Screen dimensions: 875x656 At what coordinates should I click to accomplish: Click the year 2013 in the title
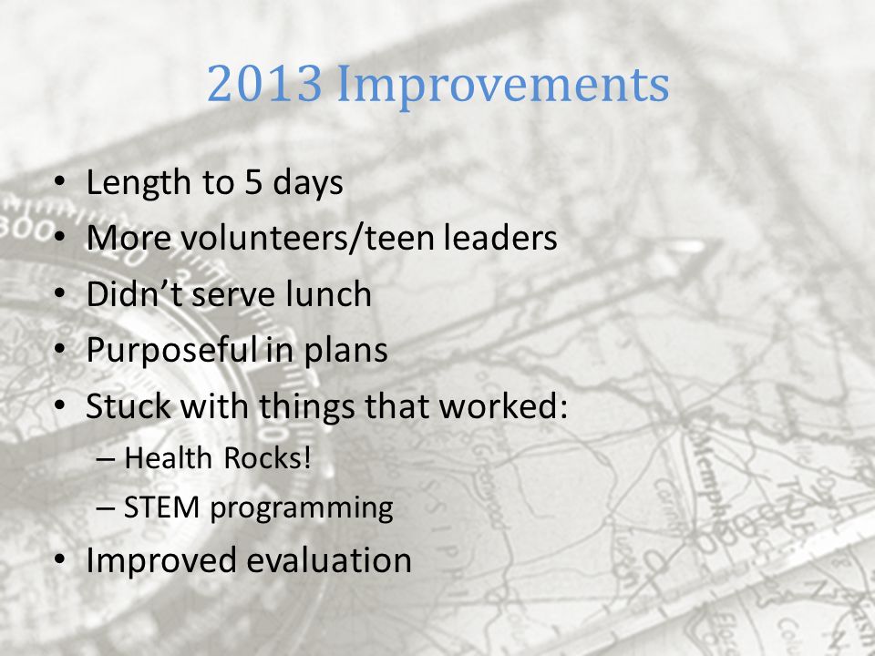tap(265, 83)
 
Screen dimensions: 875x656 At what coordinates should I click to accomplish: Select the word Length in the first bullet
tap(139, 183)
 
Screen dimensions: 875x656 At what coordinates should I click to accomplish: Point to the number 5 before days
tap(253, 182)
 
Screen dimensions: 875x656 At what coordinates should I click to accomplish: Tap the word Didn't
tap(135, 293)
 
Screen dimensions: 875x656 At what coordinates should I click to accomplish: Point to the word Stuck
tap(129, 405)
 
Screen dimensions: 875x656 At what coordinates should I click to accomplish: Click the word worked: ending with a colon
tap(503, 405)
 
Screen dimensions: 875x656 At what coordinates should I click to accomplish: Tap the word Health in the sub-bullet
tap(169, 458)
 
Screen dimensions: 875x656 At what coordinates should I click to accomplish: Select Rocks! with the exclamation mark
tap(267, 458)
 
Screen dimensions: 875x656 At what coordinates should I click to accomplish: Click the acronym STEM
tap(161, 507)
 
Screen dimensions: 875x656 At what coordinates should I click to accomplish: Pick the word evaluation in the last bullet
tap(329, 560)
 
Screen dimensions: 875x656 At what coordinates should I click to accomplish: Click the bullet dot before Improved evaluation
tap(60, 560)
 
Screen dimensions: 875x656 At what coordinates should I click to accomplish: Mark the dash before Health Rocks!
tap(105, 459)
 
